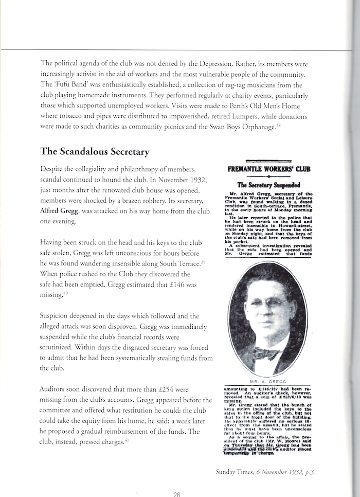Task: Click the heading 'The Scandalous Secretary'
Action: [95, 152]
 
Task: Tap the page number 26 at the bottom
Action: [176, 494]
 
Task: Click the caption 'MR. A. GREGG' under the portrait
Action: [268, 382]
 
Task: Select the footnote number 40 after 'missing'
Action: [65, 294]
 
